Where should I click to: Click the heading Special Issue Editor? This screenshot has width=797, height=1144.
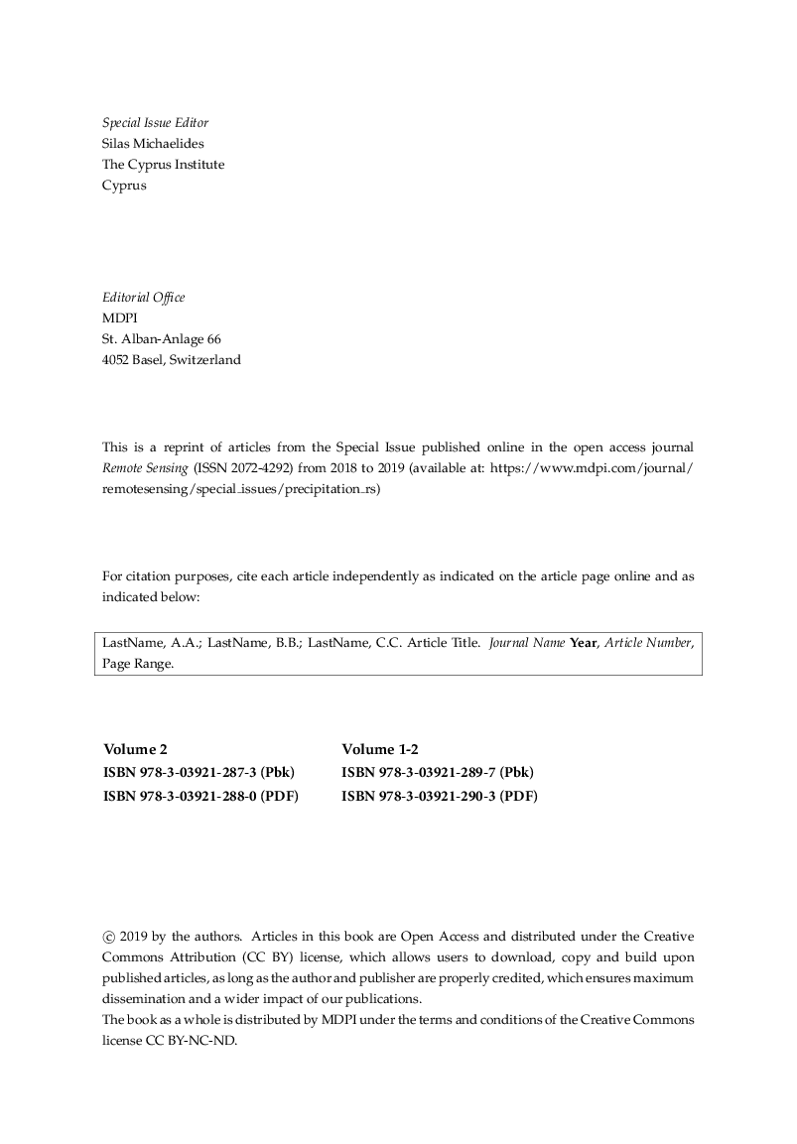[155, 123]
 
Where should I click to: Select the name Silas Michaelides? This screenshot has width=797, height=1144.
[153, 144]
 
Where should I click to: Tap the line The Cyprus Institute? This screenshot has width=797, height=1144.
[163, 165]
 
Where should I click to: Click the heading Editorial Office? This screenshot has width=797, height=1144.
[143, 298]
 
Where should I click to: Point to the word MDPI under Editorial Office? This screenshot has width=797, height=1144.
[119, 318]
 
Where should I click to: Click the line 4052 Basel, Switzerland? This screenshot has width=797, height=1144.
[171, 360]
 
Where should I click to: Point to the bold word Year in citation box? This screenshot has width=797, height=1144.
[583, 643]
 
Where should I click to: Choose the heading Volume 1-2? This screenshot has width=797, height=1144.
[380, 749]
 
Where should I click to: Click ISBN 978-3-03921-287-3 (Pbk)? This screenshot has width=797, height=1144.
[199, 772]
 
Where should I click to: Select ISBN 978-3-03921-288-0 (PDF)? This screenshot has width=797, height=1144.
[200, 795]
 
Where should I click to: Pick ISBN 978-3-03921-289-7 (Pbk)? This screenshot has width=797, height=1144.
[438, 772]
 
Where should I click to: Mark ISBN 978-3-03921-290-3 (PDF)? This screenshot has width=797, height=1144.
[440, 795]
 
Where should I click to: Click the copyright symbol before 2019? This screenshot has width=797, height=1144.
[108, 936]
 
